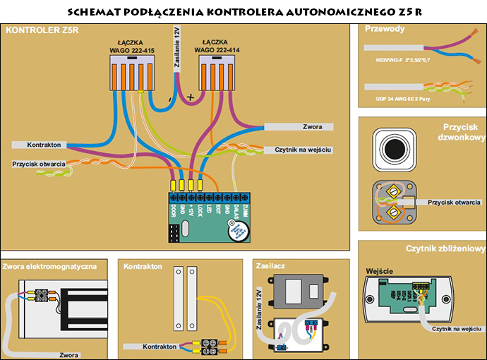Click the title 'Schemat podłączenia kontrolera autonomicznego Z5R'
pyautogui.click(x=243, y=12)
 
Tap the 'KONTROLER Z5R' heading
pyautogui.click(x=35, y=31)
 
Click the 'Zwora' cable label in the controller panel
pyautogui.click(x=312, y=127)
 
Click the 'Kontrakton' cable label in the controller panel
pyautogui.click(x=44, y=145)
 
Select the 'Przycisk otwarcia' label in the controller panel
pyautogui.click(x=39, y=164)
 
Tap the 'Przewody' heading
pyautogui.click(x=385, y=29)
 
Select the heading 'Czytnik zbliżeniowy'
pyautogui.click(x=445, y=248)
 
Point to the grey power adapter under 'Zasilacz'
pyautogui.click(x=300, y=290)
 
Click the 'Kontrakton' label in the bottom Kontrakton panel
pyautogui.click(x=159, y=347)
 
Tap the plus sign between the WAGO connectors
pyautogui.click(x=190, y=97)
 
